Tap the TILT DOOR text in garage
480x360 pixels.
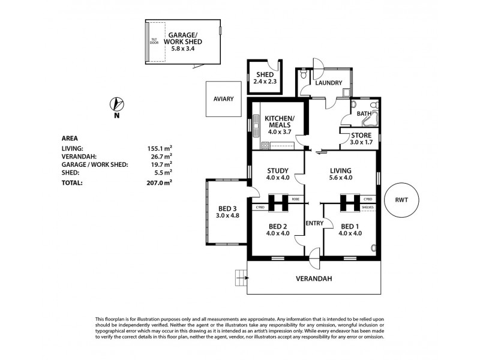[154, 41]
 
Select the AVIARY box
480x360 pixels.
[222, 99]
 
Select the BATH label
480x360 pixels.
[363, 113]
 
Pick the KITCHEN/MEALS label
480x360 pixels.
[280, 125]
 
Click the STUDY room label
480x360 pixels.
[278, 173]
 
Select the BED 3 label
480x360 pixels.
[227, 213]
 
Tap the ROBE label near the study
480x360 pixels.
[295, 199]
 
